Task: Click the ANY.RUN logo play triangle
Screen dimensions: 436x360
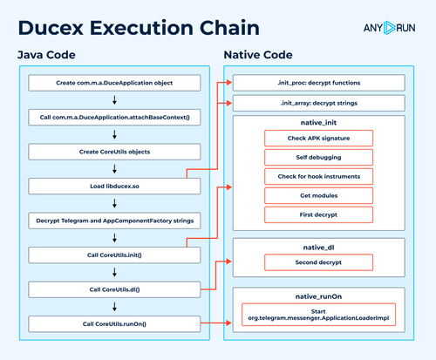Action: point(389,28)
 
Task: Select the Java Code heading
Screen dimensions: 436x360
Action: point(46,55)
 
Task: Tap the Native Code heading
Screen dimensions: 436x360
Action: point(258,55)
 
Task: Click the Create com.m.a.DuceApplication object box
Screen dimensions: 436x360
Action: point(114,83)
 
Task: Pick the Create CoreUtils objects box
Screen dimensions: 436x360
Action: point(114,152)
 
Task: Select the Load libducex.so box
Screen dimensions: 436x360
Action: point(114,187)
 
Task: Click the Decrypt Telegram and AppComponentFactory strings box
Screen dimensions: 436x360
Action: point(114,221)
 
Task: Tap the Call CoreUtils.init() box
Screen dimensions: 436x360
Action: point(114,255)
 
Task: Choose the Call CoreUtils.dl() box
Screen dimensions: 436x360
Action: point(114,289)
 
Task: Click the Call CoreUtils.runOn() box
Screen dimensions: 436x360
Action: point(114,324)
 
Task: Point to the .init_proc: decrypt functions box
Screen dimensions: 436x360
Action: point(319,83)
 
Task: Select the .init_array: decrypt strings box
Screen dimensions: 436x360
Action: point(319,103)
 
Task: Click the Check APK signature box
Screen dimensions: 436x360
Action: point(318,139)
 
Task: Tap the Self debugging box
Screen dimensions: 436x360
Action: point(318,158)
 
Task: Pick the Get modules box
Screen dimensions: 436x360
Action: point(318,195)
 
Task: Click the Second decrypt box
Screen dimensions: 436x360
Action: point(318,262)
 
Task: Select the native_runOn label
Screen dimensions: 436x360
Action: point(318,296)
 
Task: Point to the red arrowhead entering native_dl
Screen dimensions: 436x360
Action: point(229,262)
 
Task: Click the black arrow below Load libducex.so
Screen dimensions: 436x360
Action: point(114,203)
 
